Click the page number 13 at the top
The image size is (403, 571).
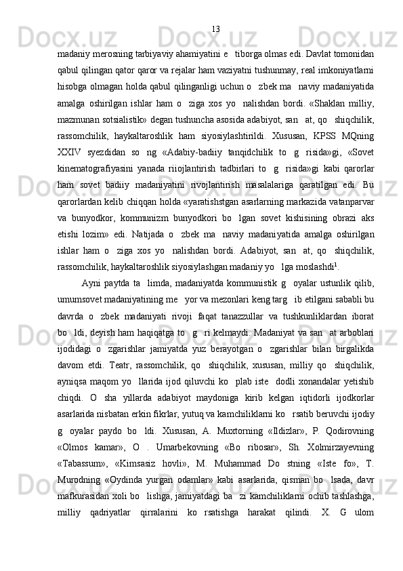[x=216, y=28]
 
